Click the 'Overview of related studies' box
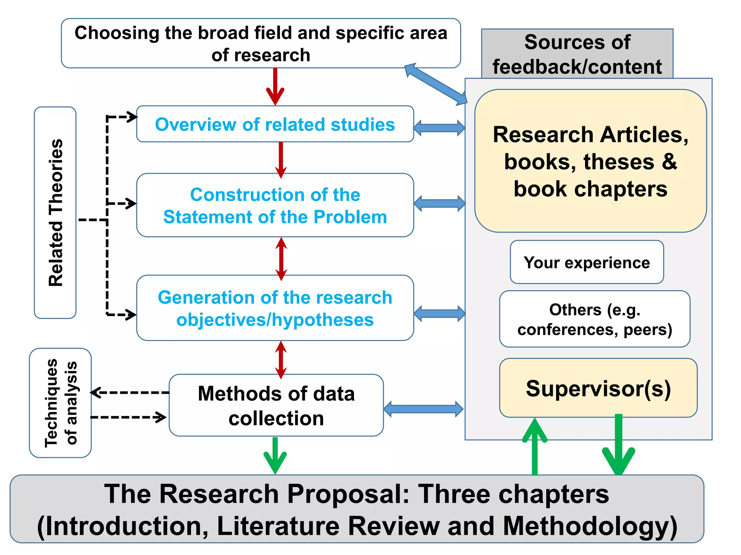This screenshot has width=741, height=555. [275, 124]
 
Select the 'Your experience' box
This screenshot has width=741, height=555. [587, 262]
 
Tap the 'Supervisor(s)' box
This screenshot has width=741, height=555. [598, 388]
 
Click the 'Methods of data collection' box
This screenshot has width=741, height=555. [276, 405]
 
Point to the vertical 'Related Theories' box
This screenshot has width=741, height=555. [55, 212]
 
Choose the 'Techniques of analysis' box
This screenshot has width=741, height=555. [60, 403]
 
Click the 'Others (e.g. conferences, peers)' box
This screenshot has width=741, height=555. [594, 319]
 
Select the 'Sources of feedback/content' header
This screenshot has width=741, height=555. [577, 54]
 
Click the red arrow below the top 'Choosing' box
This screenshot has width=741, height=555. [275, 87]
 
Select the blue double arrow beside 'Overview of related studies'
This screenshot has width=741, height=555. [439, 128]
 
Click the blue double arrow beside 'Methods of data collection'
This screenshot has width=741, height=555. [423, 409]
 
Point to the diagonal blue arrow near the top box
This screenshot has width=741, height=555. [436, 84]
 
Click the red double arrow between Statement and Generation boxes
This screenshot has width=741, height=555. [281, 259]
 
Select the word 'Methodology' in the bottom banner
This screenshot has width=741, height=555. [590, 526]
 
